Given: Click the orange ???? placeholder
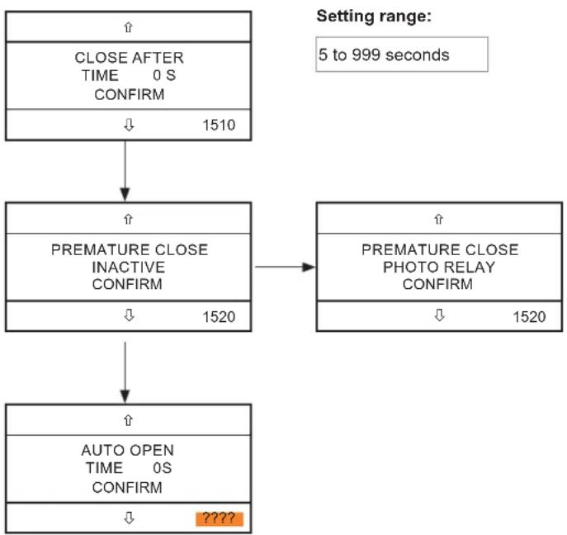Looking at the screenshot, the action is coord(220,518).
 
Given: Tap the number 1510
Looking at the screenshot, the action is coord(219,125).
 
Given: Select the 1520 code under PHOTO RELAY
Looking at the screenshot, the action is coord(529,317).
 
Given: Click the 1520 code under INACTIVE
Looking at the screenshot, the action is coord(219,317).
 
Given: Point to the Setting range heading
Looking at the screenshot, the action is coord(374,17).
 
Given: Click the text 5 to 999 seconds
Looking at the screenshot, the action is coord(384,55).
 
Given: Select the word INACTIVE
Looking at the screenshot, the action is coord(129,267).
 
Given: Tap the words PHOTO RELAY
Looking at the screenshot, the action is coord(439,267).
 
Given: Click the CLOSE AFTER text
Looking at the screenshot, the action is coord(129,58).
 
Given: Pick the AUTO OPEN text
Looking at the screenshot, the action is coord(128,450).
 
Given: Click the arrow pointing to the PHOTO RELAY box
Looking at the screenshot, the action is coord(285,267).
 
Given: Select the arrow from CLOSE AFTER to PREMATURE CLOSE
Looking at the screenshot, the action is coord(125,171).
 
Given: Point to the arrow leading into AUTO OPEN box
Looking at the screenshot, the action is coord(125,372).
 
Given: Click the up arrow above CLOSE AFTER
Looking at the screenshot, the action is coord(129,27).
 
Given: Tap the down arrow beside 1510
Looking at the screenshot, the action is coord(129,125).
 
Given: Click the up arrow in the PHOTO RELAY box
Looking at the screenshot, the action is coord(438,220).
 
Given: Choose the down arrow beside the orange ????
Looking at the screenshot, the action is coord(129,518).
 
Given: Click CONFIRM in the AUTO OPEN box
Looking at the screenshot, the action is coord(127,488).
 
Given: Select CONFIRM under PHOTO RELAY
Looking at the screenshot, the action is coord(437,284).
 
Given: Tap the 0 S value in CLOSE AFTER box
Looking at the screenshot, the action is coord(164,76).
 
